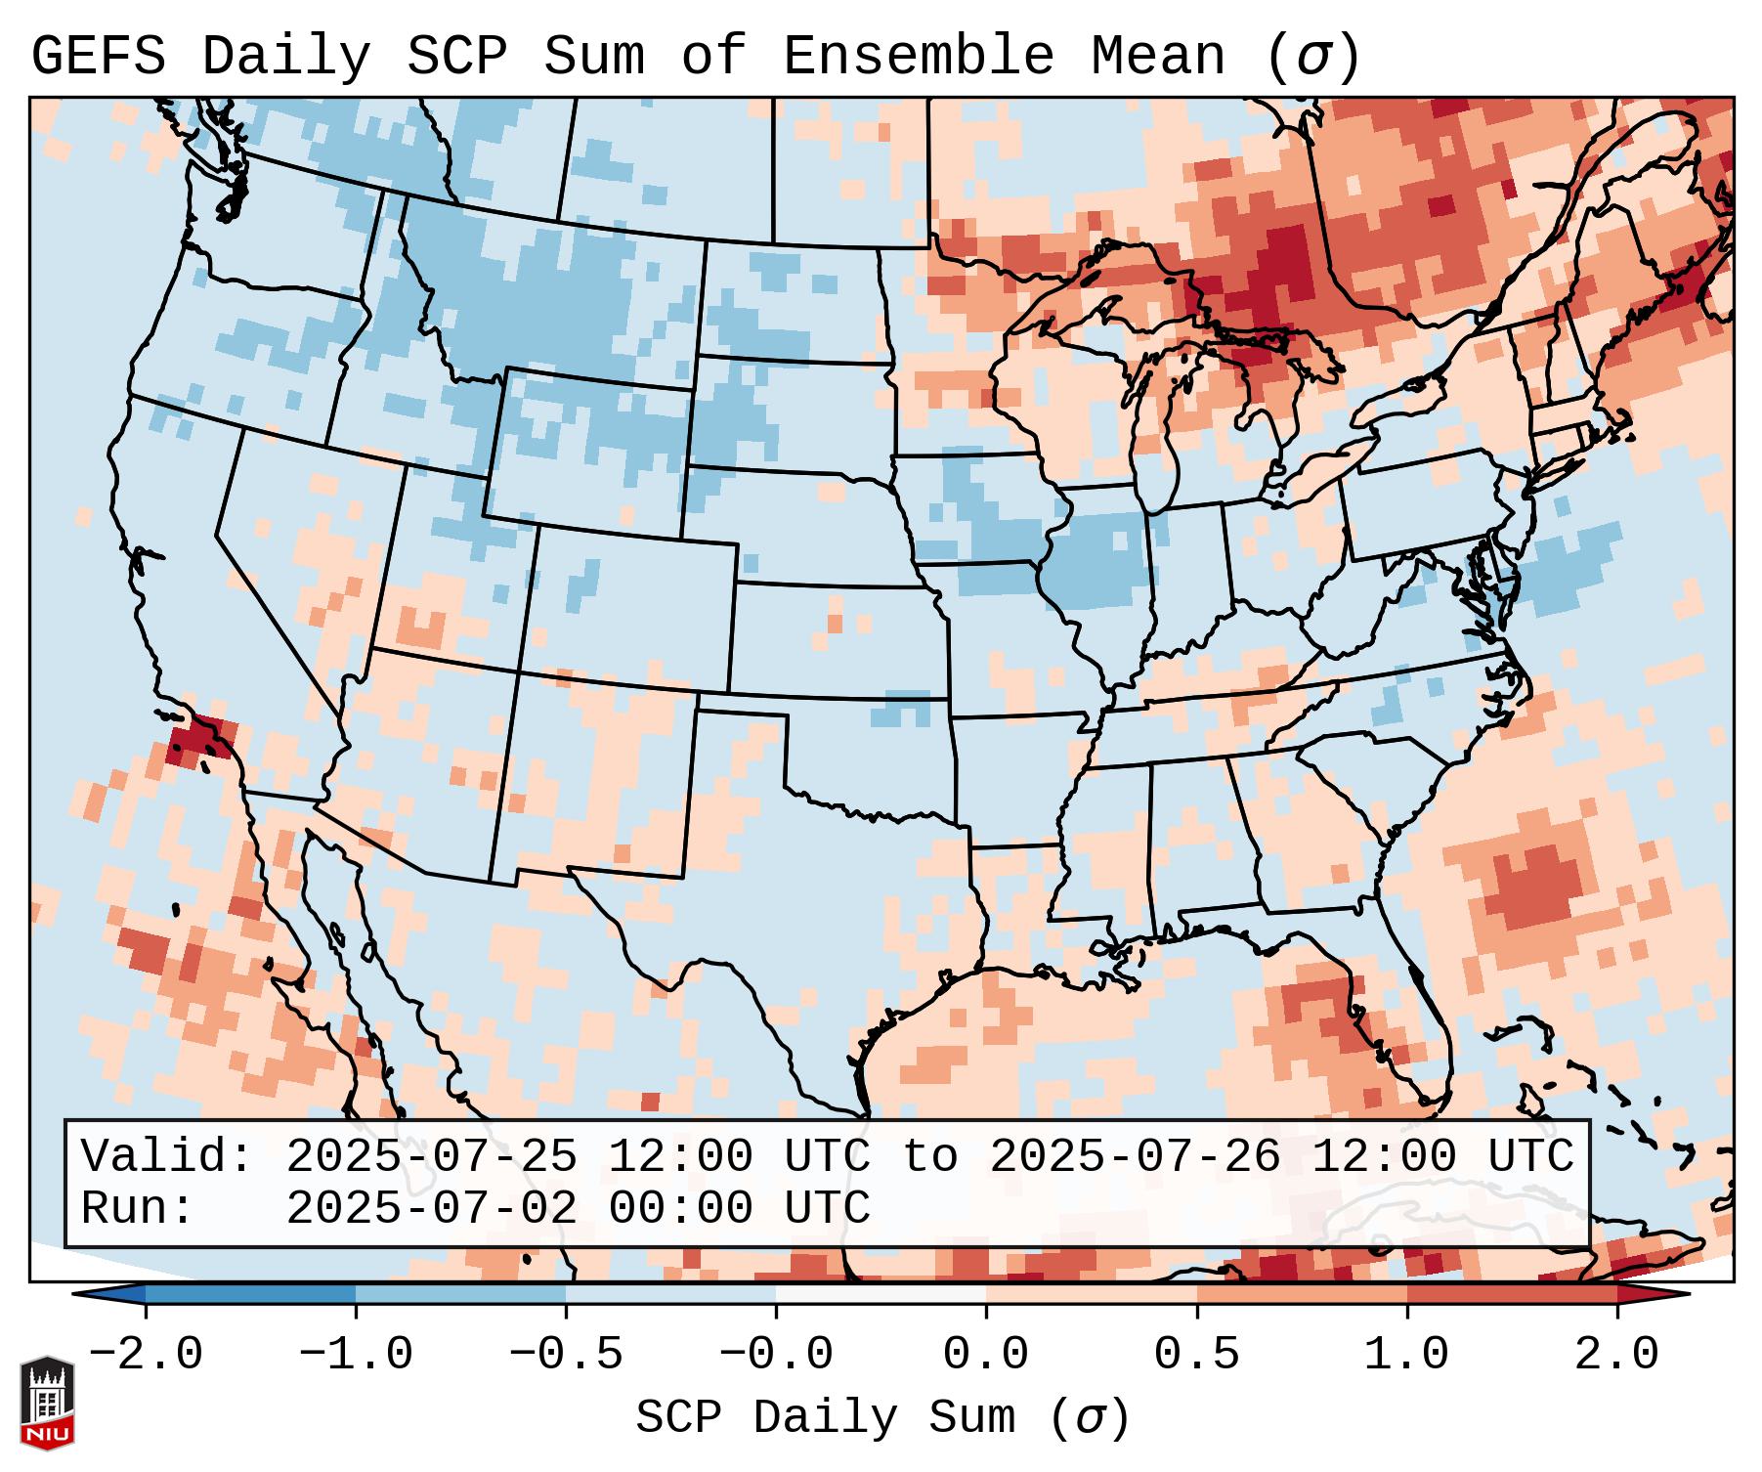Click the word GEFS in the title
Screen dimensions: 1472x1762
click(98, 57)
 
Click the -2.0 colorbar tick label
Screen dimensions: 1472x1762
click(146, 1355)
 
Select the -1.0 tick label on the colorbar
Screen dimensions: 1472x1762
click(356, 1355)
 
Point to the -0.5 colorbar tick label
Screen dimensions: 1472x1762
click(566, 1355)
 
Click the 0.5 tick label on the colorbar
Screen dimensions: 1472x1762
click(1196, 1355)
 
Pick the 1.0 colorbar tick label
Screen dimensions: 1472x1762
click(1406, 1355)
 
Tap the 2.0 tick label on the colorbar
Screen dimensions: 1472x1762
click(1616, 1355)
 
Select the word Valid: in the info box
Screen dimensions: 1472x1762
click(167, 1156)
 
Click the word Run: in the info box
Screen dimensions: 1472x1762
click(138, 1208)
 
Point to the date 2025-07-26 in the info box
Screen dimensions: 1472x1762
click(1135, 1156)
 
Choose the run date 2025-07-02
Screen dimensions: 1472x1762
click(431, 1208)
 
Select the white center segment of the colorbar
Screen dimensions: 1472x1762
click(881, 1294)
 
